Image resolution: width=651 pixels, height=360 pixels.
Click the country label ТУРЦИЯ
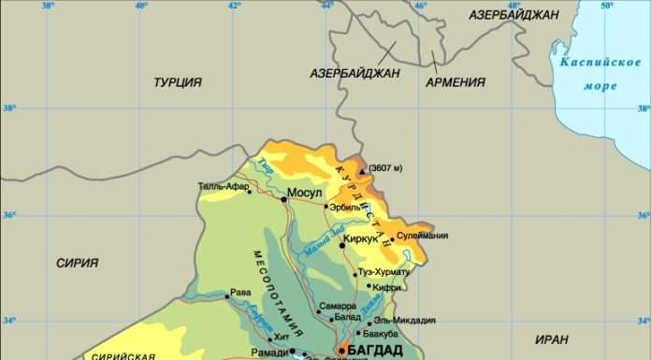point(178,82)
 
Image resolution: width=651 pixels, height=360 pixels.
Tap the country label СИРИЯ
point(77,263)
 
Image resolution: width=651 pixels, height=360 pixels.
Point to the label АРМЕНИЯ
point(456,82)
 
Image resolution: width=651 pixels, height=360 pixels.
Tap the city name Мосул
point(304,194)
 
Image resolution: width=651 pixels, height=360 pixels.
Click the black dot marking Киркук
point(342,245)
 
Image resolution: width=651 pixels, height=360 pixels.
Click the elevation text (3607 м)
point(384,168)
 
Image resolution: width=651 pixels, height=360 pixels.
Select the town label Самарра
point(337,306)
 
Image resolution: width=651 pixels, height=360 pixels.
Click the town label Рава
point(240,292)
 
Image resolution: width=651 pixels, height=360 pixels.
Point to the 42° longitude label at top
point(234,7)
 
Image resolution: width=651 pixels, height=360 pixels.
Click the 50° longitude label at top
point(606,7)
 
